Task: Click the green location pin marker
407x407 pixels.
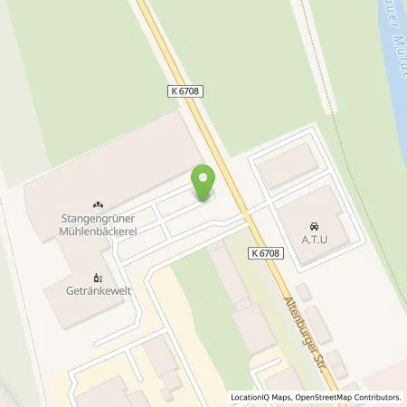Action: click(204, 184)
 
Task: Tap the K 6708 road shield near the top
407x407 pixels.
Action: click(185, 91)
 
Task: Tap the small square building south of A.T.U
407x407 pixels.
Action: click(305, 292)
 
